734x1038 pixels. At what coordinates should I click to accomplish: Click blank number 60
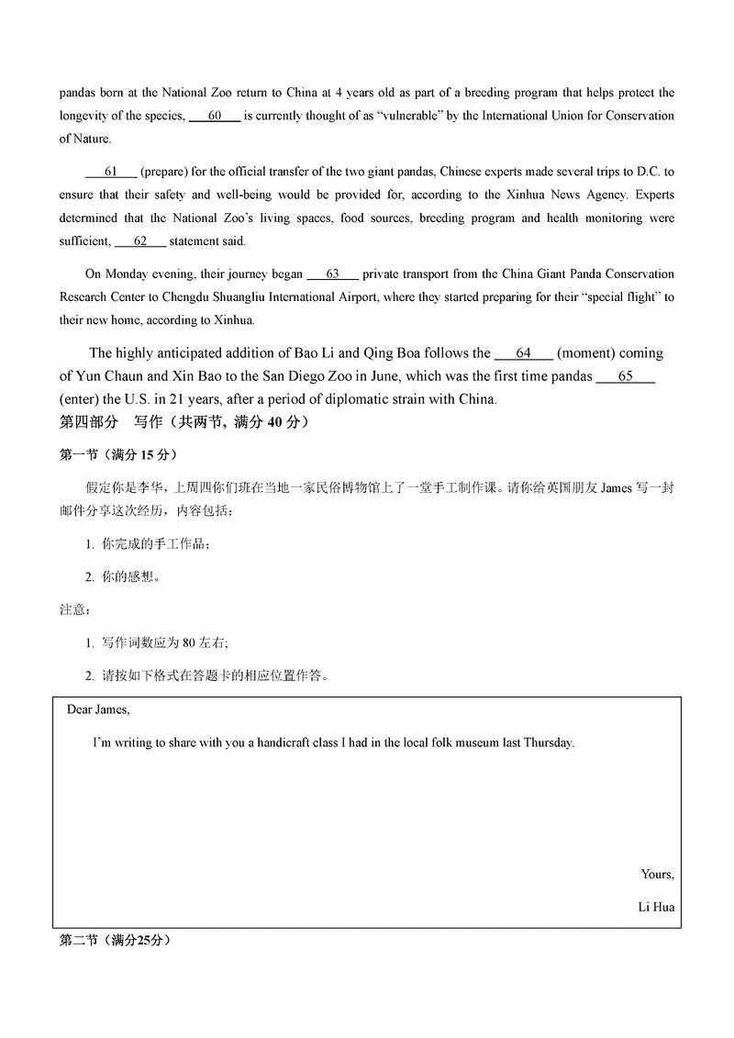coord(215,116)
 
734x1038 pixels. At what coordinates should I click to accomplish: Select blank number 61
coord(111,172)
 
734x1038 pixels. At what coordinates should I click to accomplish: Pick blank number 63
coord(331,273)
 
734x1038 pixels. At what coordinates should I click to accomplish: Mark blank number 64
coord(523,352)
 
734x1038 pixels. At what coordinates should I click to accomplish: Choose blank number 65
coord(625,375)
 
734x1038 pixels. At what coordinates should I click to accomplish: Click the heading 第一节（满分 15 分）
coord(118,454)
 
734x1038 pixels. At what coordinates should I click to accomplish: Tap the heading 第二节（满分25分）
coord(115,940)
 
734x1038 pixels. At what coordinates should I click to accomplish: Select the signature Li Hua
coord(656,907)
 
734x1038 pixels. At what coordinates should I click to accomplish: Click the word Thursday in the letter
coord(548,742)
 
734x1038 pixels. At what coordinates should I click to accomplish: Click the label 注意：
coord(74,609)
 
